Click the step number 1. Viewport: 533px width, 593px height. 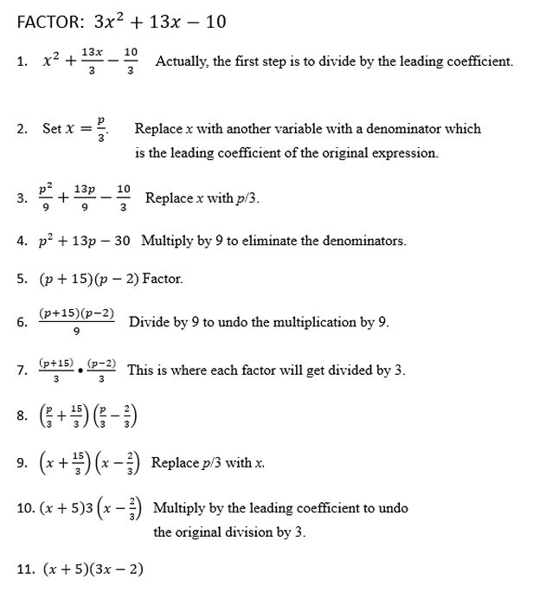[21, 63]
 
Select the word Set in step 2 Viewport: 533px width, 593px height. [52, 129]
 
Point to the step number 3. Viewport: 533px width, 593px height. [21, 199]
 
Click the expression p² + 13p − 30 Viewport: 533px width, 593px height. [85, 241]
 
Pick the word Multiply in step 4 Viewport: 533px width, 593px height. [167, 241]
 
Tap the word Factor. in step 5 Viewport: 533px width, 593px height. [163, 279]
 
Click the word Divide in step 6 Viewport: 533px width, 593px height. [147, 322]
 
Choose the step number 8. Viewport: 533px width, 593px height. [21, 417]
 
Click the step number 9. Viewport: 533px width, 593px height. [21, 463]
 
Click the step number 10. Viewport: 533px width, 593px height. [25, 509]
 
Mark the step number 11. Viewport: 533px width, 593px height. [25, 569]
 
